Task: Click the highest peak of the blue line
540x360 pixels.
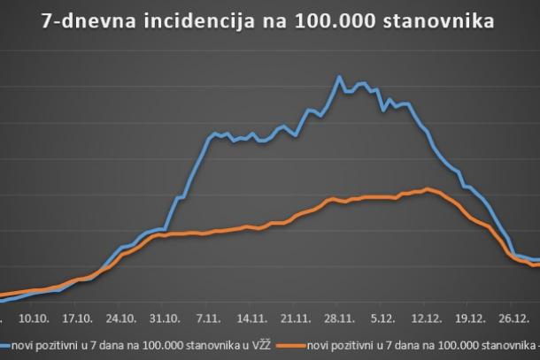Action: [x=340, y=77]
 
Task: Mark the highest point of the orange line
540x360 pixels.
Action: [x=428, y=188]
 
